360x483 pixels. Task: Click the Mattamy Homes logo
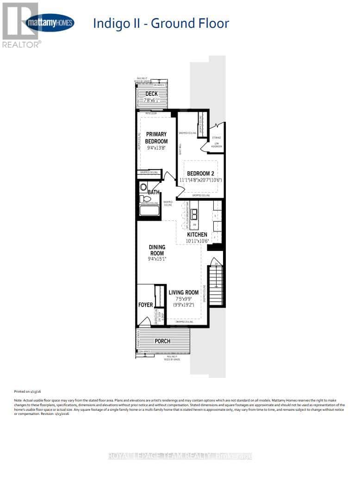click(x=50, y=23)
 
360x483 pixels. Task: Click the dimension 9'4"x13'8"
click(x=156, y=148)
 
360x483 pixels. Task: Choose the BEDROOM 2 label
click(x=200, y=174)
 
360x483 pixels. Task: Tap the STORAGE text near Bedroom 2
click(x=217, y=138)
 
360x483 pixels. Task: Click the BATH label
click(x=154, y=192)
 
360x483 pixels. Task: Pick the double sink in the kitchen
click(x=195, y=214)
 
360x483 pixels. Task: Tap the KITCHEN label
click(x=198, y=235)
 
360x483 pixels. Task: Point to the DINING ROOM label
click(x=156, y=250)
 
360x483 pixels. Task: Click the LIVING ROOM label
click(x=184, y=292)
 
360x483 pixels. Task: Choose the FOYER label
click(x=146, y=305)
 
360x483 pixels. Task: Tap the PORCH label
click(x=162, y=341)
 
